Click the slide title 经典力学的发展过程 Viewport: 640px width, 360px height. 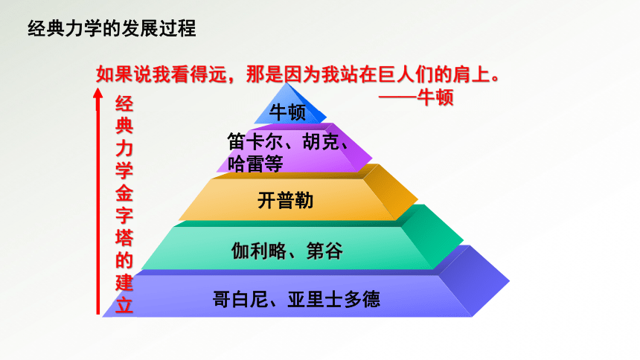click(112, 28)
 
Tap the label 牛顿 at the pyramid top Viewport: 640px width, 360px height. click(287, 112)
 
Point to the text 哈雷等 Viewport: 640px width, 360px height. click(255, 164)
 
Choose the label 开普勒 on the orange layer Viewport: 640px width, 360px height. click(285, 200)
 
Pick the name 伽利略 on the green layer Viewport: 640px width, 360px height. click(259, 251)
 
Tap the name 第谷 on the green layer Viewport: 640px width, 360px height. click(325, 251)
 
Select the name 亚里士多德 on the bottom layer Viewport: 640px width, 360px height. click(334, 299)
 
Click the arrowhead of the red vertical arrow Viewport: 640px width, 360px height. click(98, 93)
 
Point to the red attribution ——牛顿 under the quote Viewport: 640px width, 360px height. click(416, 97)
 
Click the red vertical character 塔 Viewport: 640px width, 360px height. click(124, 237)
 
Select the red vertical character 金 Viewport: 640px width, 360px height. click(124, 192)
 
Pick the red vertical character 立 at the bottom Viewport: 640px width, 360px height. click(124, 305)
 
